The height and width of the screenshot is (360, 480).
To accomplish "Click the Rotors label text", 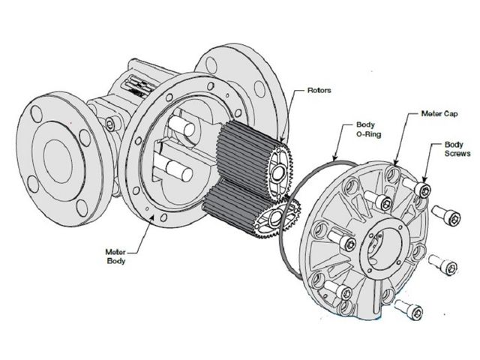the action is (319, 90).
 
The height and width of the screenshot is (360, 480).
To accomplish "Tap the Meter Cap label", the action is (439, 113).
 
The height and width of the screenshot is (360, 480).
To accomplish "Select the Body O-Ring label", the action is (368, 130).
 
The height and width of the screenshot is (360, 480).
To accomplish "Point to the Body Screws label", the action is (457, 148).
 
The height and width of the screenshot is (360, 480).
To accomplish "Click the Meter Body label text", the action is (115, 256).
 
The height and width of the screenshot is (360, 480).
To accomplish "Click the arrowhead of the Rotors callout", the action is (282, 140).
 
